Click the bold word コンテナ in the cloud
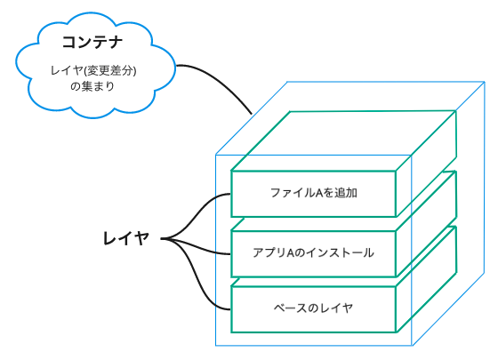point(91,42)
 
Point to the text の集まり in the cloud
point(92,87)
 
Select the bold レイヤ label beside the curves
point(125,238)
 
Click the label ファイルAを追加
point(313,192)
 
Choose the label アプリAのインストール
point(313,252)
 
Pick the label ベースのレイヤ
point(313,308)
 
